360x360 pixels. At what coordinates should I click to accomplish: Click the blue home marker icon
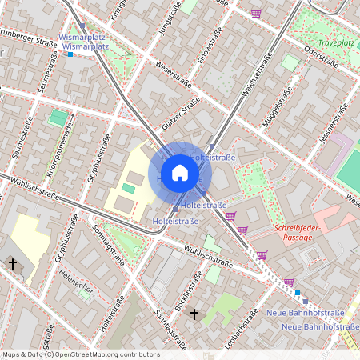(x=180, y=173)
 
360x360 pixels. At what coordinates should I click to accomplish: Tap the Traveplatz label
(x=336, y=42)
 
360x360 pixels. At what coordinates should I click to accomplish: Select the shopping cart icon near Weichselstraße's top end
(x=256, y=14)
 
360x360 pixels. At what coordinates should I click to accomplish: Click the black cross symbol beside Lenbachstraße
(x=194, y=315)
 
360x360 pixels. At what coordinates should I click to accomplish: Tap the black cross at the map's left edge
(x=12, y=263)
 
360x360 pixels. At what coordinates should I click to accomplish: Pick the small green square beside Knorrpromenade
(x=58, y=118)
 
